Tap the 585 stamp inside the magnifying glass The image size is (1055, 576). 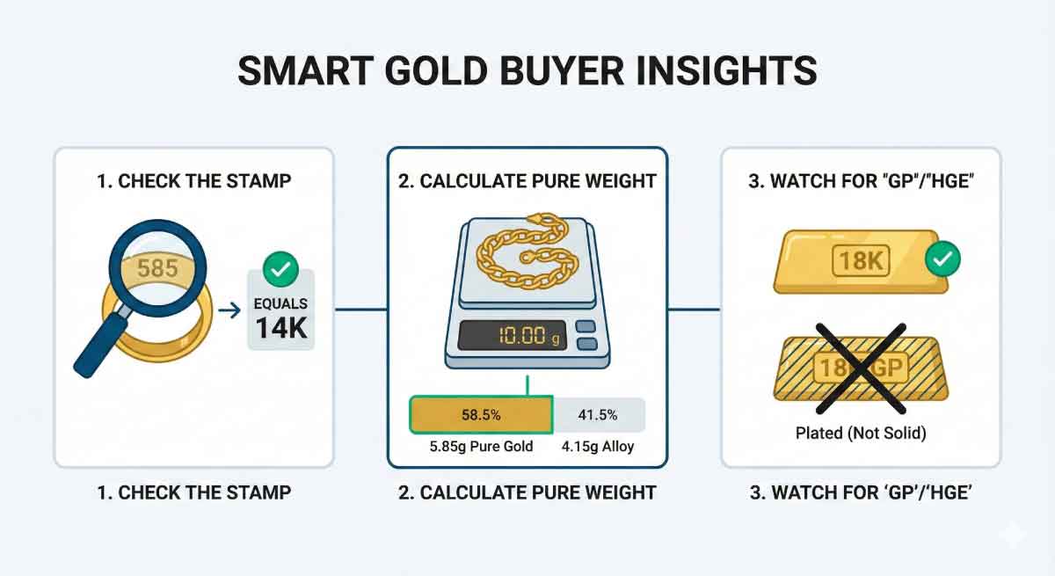click(157, 267)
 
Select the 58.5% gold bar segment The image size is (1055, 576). click(480, 415)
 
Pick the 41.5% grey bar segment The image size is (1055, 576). click(597, 415)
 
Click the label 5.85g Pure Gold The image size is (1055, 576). click(481, 446)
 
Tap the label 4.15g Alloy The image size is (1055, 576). click(598, 446)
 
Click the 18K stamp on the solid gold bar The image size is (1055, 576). click(862, 261)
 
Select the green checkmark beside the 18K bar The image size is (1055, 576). click(942, 259)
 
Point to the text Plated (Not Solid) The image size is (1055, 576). click(861, 433)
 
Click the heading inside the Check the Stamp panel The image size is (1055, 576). click(193, 181)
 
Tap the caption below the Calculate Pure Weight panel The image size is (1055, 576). click(527, 492)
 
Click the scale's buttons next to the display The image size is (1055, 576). click(586, 335)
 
